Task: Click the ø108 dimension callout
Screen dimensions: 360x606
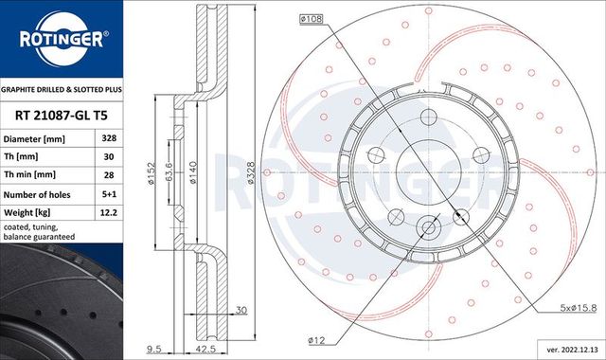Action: coord(312,18)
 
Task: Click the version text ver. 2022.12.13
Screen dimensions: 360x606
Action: coord(565,351)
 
